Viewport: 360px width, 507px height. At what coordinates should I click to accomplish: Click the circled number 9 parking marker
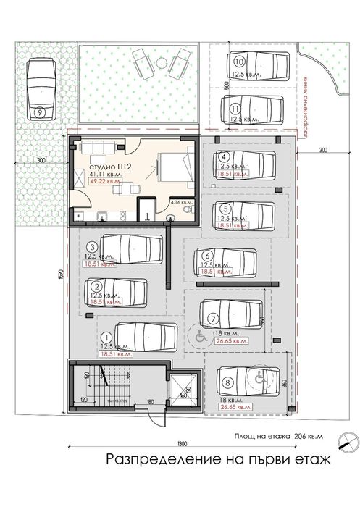(38, 112)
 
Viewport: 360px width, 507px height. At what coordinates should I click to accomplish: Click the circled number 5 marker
(226, 206)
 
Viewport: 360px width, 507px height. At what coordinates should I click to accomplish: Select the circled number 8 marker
(228, 382)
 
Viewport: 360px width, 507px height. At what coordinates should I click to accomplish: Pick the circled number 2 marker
(95, 287)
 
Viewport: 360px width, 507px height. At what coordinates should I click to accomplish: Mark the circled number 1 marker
(106, 337)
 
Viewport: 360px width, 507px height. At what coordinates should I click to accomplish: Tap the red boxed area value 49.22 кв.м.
(105, 183)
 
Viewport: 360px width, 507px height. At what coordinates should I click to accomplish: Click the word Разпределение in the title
(156, 458)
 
